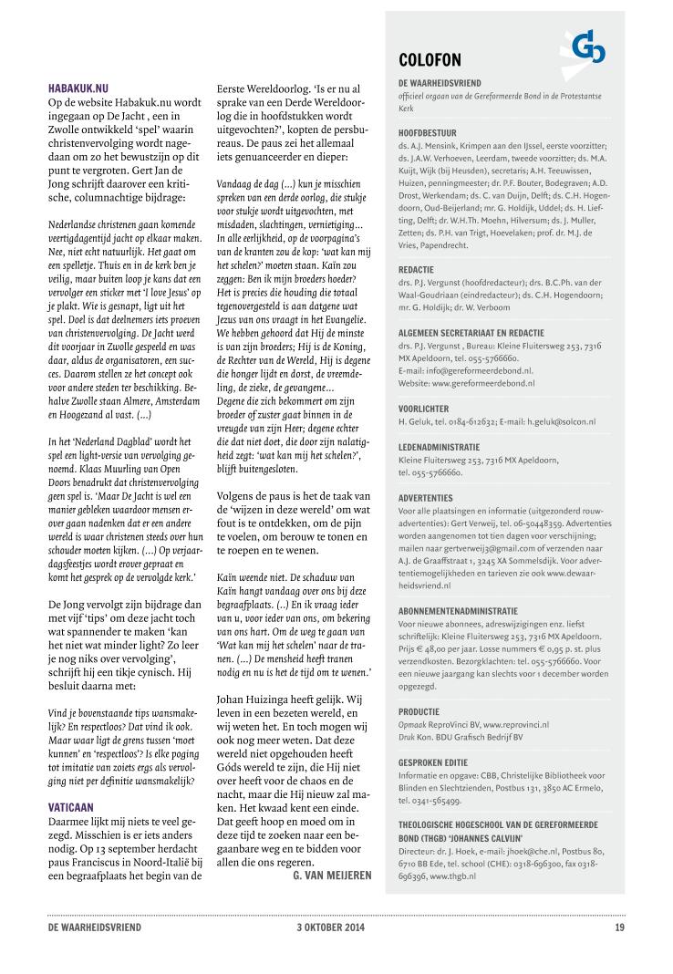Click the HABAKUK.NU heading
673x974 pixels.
78,88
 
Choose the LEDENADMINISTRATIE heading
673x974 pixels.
439,448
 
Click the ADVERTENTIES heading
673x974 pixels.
426,498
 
